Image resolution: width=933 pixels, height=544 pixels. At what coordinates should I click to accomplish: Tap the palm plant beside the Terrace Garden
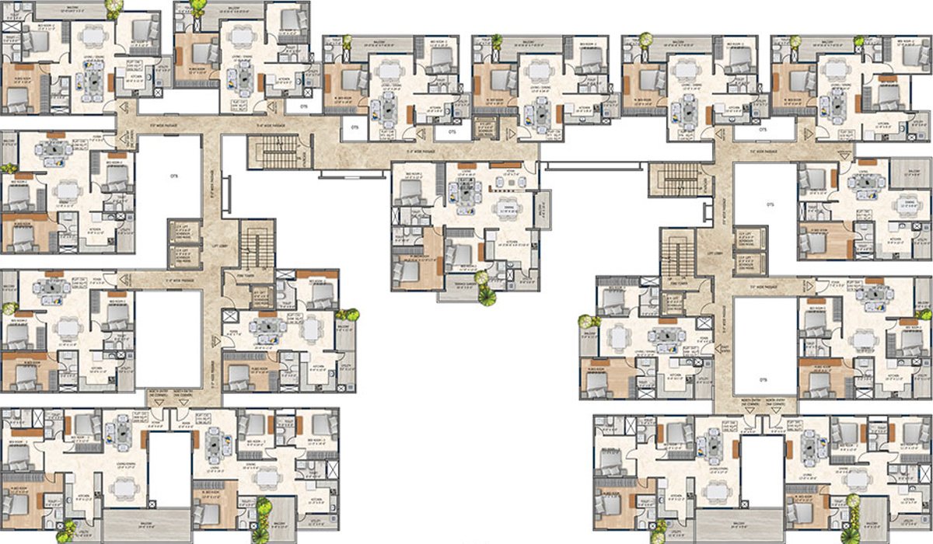click(x=486, y=293)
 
